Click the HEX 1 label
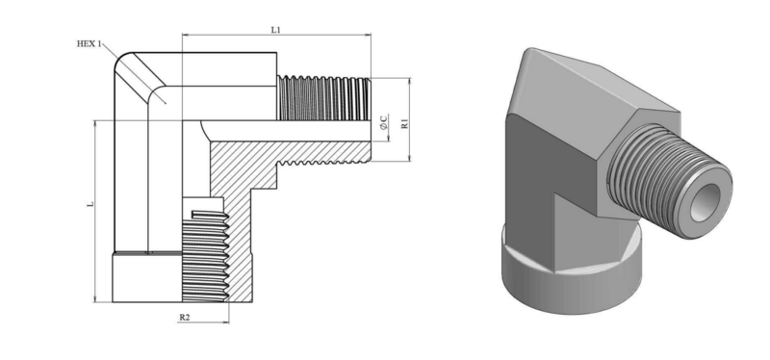89,43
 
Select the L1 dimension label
276,30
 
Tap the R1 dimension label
404,123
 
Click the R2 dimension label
184,318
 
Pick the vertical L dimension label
90,203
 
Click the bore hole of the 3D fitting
706,203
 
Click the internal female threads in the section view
205,255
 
